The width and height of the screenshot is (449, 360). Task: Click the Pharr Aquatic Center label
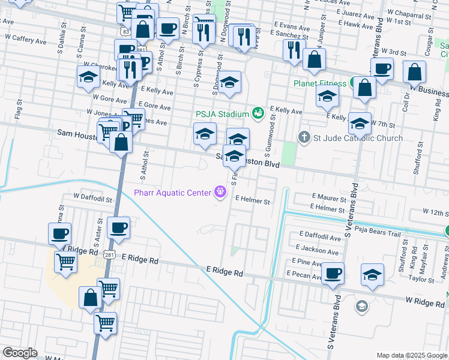point(172,193)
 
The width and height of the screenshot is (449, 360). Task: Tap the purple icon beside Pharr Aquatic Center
point(220,192)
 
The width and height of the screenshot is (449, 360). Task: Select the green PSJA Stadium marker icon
point(258,112)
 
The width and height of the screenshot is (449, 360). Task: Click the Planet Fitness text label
point(320,83)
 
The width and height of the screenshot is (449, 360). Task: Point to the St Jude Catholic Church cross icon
point(304,138)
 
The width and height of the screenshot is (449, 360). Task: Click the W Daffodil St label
point(92,196)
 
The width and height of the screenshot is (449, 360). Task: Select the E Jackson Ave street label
point(318,249)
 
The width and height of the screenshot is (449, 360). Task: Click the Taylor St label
point(421,279)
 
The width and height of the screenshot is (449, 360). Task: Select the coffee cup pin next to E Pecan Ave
point(333,274)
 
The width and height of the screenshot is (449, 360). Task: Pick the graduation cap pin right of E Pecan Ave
point(372,275)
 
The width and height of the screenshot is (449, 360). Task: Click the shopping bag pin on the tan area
point(90,298)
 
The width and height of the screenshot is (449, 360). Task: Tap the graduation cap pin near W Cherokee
point(88,77)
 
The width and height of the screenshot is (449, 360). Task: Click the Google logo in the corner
point(20,353)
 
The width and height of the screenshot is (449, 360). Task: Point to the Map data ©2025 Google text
point(411,355)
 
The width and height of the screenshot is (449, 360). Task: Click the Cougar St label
point(429,43)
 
